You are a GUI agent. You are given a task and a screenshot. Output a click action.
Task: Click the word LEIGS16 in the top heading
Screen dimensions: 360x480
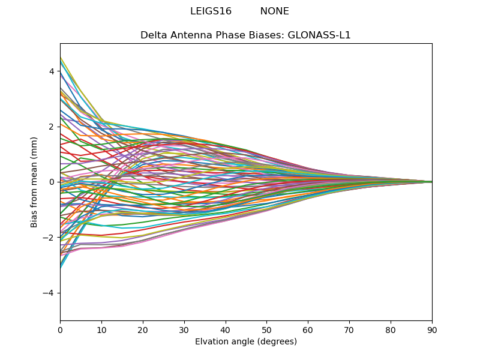click(x=211, y=11)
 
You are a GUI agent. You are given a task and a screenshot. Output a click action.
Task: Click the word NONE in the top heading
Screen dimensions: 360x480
click(x=274, y=11)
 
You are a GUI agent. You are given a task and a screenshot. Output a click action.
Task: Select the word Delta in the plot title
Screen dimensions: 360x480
click(x=153, y=35)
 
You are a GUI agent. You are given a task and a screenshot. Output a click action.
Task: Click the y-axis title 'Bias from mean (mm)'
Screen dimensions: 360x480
click(x=34, y=182)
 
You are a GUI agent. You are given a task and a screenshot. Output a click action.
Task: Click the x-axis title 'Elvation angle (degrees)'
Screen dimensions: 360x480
click(x=246, y=341)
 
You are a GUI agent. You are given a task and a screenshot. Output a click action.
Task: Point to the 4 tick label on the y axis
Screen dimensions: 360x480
click(x=52, y=71)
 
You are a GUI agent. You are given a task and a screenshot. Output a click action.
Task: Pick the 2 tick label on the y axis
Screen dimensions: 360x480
click(x=52, y=127)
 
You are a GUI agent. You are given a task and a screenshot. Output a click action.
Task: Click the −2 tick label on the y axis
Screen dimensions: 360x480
click(x=49, y=238)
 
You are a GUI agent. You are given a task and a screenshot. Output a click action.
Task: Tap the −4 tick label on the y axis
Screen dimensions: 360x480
click(x=49, y=293)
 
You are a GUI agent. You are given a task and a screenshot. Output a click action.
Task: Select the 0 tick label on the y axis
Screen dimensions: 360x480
click(x=52, y=182)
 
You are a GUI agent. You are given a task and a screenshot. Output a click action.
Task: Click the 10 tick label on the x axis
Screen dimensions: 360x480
click(x=101, y=329)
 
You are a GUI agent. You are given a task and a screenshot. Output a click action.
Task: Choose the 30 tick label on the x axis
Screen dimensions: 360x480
click(x=184, y=329)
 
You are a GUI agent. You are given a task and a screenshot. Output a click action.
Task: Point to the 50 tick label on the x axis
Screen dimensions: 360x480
click(x=266, y=329)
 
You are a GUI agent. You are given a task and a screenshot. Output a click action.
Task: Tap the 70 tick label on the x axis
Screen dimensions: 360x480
click(x=349, y=329)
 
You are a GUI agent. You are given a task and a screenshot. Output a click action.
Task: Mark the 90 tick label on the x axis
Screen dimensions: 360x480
click(x=432, y=329)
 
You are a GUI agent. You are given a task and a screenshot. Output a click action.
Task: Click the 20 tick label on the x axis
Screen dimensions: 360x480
click(x=143, y=329)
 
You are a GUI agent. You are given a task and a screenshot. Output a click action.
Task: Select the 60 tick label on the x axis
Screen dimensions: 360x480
click(x=308, y=329)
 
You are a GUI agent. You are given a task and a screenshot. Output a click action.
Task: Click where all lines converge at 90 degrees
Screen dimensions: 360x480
click(x=431, y=182)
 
